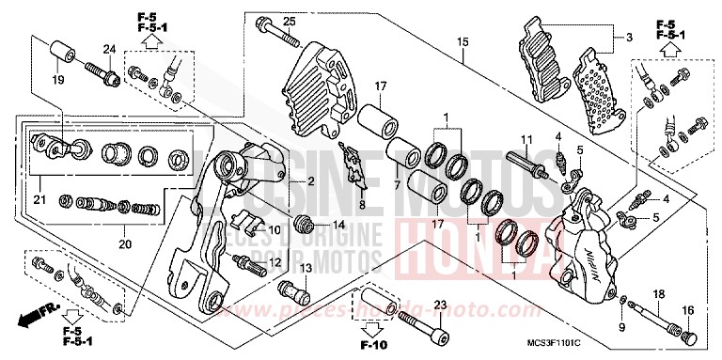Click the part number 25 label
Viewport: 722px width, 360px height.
pos(289,22)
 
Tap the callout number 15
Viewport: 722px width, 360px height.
pos(462,41)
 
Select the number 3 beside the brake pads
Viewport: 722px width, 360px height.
pos(617,37)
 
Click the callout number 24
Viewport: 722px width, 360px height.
pos(109,49)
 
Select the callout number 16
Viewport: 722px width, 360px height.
pos(688,310)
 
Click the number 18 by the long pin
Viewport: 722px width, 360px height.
pos(659,295)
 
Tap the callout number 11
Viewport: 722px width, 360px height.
pos(527,140)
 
